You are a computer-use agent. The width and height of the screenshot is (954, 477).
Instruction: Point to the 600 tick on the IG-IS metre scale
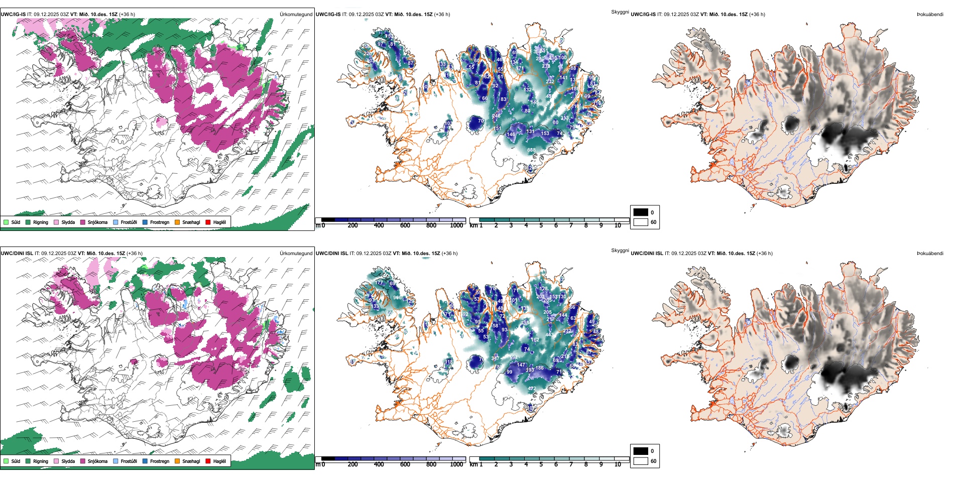(405, 225)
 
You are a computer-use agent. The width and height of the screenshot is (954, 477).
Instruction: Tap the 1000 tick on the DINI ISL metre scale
(456, 464)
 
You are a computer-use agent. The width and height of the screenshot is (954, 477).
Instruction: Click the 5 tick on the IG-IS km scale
(541, 225)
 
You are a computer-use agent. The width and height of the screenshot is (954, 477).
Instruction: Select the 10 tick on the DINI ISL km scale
(618, 464)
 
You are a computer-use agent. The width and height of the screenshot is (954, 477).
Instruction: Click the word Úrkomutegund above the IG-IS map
(296, 15)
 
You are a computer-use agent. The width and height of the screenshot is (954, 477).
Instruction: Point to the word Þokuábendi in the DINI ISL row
(930, 254)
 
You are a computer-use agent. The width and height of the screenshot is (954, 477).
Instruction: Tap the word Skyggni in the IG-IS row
(620, 12)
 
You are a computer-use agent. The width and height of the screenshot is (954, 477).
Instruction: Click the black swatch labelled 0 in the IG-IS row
(641, 212)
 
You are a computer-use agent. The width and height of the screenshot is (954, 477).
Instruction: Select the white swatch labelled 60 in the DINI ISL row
(641, 461)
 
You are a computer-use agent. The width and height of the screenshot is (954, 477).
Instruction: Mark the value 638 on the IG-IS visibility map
(531, 150)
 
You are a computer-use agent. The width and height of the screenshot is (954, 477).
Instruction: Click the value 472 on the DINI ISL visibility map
(532, 389)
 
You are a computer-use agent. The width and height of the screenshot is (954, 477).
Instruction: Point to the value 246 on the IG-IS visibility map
(496, 116)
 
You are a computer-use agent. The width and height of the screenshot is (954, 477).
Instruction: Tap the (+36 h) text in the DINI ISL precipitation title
(135, 254)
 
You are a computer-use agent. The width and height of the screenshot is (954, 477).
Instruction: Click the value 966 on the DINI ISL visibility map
(397, 298)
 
